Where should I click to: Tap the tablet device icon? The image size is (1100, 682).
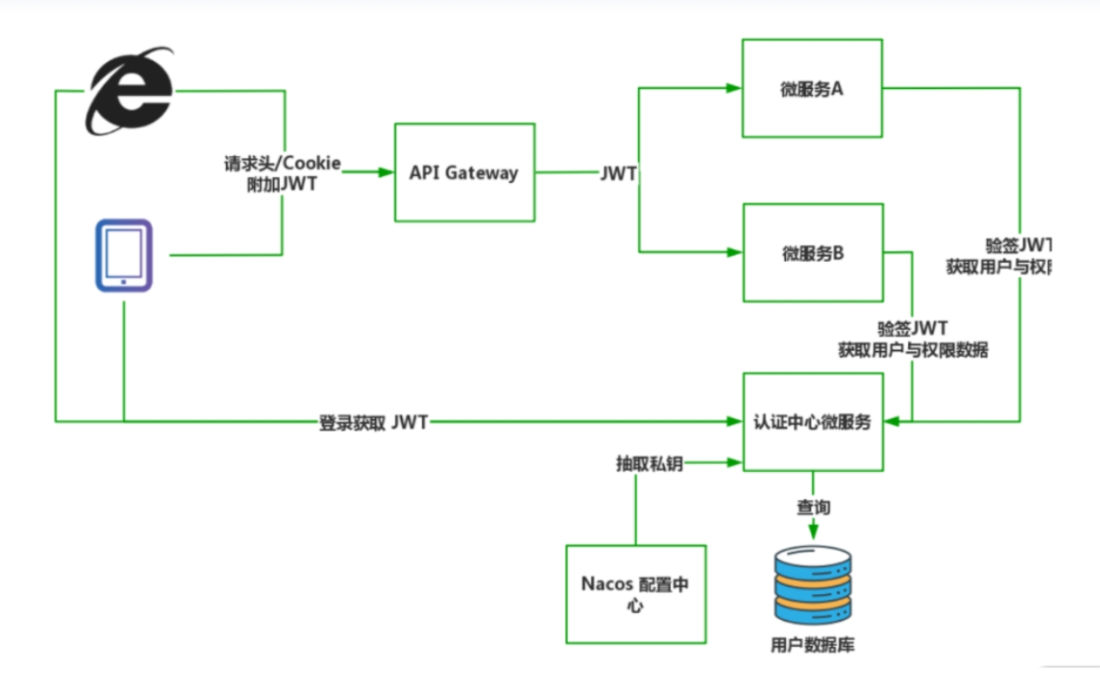(x=124, y=256)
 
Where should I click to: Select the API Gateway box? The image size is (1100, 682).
(x=464, y=173)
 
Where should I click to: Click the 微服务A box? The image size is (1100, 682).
(x=811, y=88)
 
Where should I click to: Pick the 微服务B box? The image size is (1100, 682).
(x=811, y=253)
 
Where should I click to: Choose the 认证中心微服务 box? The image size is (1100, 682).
(x=811, y=422)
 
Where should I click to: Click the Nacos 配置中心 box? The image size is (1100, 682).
(x=635, y=594)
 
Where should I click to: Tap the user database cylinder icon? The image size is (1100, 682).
(x=813, y=585)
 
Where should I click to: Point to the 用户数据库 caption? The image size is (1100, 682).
(x=813, y=645)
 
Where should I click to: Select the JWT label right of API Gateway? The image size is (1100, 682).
(x=618, y=174)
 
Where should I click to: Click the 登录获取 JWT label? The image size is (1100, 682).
(x=373, y=422)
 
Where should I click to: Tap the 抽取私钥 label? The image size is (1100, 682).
(x=649, y=463)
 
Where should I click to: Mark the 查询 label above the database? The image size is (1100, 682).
(x=814, y=508)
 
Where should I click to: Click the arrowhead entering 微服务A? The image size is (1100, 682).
(x=733, y=88)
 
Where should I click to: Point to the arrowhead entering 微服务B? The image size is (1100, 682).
(x=733, y=253)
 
